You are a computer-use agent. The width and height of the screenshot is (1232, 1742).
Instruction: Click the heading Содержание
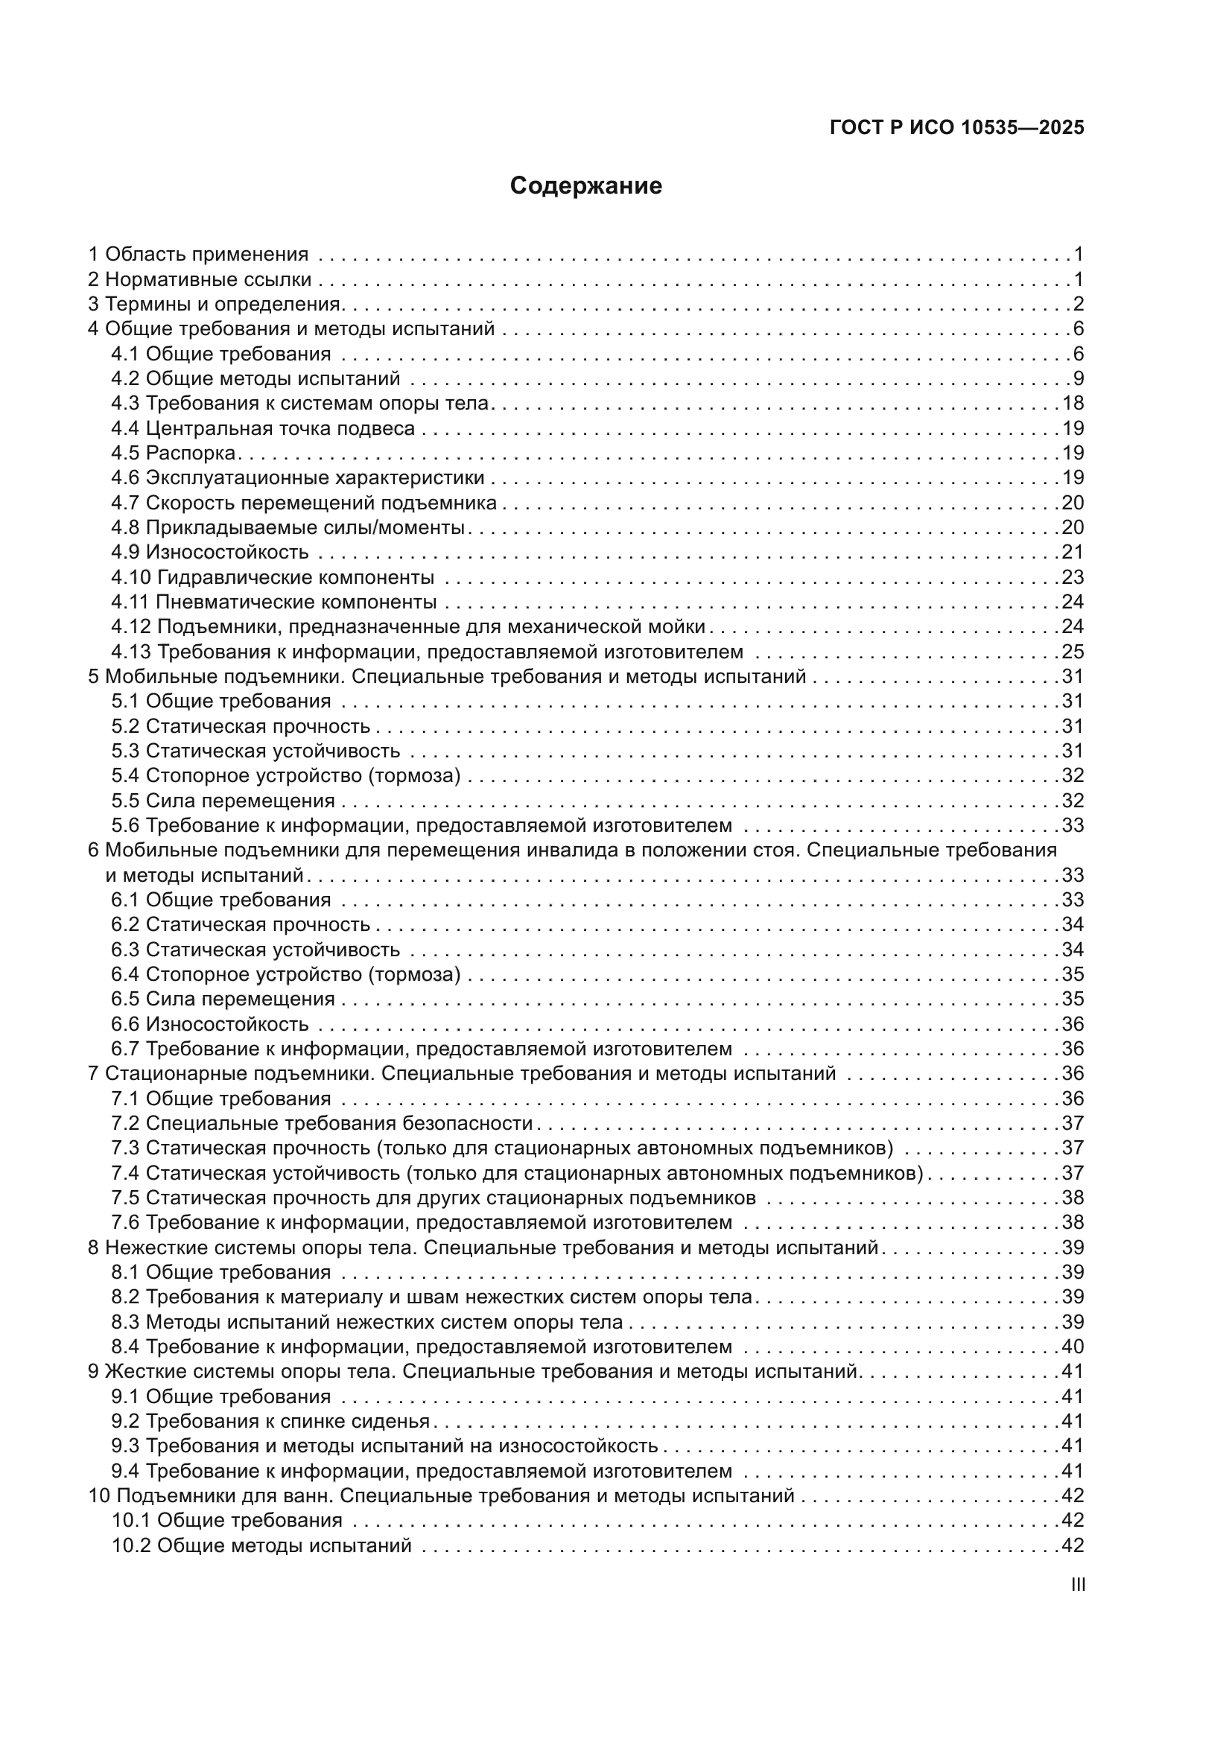[x=585, y=186]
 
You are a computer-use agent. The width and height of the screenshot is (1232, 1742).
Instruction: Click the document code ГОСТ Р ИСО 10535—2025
[x=956, y=127]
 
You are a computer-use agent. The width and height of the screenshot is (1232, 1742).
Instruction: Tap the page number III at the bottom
[x=1077, y=1584]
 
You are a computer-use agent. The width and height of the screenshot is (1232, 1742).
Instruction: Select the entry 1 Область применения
[x=198, y=254]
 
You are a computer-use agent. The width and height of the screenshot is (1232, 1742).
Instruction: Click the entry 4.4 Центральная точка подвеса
[x=262, y=429]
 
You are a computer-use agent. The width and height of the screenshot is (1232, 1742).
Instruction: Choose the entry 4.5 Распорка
[x=174, y=453]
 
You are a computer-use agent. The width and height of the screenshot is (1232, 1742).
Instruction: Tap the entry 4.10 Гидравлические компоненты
[x=273, y=577]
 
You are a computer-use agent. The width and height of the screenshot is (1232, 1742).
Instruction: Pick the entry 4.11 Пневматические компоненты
[x=273, y=603]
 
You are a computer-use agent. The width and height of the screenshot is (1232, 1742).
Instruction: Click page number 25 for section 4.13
[x=1073, y=652]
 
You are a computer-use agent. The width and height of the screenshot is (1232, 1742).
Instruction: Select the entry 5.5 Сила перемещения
[x=223, y=801]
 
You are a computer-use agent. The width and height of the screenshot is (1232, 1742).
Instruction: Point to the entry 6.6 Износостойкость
[x=209, y=1024]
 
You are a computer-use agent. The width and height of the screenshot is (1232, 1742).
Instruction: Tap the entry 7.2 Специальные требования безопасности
[x=322, y=1123]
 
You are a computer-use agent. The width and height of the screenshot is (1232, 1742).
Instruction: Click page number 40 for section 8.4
[x=1073, y=1347]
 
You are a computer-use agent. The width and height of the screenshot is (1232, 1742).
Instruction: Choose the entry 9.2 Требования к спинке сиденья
[x=270, y=1421]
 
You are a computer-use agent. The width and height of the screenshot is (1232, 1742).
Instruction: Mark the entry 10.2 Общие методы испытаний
[x=261, y=1545]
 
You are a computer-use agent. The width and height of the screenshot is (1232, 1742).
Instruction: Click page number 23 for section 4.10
[x=1073, y=577]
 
